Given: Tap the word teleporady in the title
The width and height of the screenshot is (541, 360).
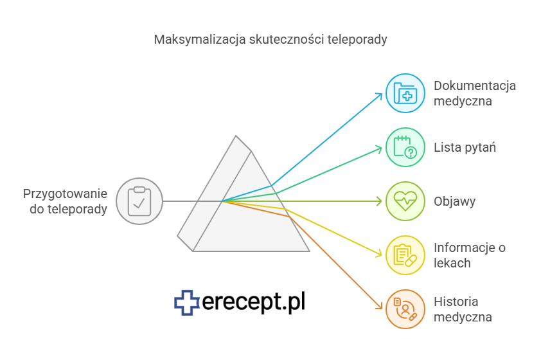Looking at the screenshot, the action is click(x=357, y=40).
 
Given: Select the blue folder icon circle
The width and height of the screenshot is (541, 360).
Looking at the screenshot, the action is click(x=405, y=93).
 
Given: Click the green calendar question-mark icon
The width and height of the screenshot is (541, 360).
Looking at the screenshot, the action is click(x=405, y=147).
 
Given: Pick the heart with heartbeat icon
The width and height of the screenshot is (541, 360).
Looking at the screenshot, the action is click(x=405, y=201).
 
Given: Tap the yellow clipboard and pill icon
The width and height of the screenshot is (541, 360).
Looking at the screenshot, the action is click(x=405, y=255).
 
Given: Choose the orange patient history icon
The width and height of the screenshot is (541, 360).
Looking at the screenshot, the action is click(x=405, y=309).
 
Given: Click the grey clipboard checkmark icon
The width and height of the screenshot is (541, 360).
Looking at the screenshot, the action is click(x=139, y=201).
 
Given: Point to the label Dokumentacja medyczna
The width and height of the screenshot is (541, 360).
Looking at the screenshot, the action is click(x=475, y=93).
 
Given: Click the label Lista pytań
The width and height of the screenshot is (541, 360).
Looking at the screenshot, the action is click(x=465, y=147).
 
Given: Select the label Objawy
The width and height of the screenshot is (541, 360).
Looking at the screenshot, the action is click(x=454, y=201).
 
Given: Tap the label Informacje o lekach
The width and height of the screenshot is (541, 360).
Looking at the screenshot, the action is click(x=470, y=255).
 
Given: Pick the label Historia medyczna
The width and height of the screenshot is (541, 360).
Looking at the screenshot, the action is click(x=463, y=309).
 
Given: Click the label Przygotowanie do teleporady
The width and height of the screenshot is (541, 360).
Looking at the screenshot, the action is click(x=65, y=201).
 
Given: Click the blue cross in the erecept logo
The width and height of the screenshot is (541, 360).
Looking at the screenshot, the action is click(x=187, y=303).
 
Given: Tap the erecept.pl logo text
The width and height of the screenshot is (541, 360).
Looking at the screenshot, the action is click(x=254, y=302).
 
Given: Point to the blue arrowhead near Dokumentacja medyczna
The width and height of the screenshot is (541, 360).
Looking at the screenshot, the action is click(x=380, y=96).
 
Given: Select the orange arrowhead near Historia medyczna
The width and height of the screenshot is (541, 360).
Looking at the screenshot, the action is click(x=380, y=306).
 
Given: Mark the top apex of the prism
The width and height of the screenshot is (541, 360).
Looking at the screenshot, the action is click(x=236, y=136).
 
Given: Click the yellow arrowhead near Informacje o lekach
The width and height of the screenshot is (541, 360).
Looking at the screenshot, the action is click(x=379, y=255).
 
